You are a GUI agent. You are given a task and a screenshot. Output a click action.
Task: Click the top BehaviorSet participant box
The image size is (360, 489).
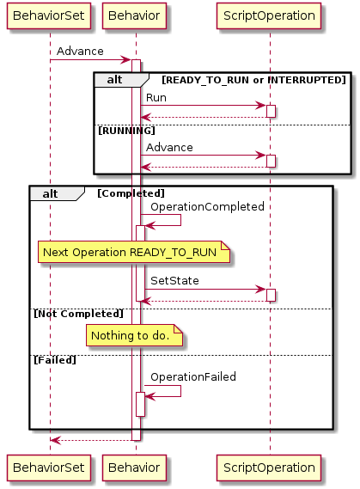click(49, 16)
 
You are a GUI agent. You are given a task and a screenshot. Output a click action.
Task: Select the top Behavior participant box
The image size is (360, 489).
click(134, 16)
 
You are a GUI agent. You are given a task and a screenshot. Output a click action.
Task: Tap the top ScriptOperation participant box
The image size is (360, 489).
click(269, 16)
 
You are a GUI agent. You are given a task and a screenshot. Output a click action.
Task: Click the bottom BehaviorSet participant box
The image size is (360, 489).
click(49, 468)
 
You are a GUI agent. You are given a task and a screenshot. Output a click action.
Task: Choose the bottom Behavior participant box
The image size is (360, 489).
click(134, 468)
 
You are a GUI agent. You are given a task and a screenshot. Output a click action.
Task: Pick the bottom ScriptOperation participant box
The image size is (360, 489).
click(269, 468)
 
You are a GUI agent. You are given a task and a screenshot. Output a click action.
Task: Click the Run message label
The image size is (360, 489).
click(156, 98)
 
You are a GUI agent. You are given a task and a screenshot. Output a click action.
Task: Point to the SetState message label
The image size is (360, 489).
click(174, 281)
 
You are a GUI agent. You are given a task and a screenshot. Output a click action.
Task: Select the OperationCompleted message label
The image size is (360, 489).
click(207, 207)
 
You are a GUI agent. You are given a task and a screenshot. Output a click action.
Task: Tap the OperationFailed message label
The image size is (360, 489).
click(193, 376)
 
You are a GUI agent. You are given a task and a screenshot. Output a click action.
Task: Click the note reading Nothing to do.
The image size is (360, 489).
click(134, 335)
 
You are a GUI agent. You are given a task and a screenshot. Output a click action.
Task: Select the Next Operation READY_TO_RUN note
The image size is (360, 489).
click(134, 252)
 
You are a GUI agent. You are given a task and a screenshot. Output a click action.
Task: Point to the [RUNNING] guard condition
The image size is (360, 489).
click(126, 131)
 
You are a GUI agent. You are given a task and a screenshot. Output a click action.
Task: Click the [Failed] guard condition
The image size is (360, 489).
click(55, 360)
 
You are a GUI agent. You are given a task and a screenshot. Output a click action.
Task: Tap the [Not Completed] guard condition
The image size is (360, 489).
click(78, 314)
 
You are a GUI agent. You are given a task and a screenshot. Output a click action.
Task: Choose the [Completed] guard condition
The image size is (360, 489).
click(131, 193)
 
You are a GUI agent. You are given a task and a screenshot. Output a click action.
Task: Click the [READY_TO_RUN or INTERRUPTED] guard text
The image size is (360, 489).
click(253, 80)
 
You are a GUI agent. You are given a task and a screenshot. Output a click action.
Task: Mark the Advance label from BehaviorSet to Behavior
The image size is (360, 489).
click(80, 52)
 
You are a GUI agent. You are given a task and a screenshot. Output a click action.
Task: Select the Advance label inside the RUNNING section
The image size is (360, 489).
click(169, 148)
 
